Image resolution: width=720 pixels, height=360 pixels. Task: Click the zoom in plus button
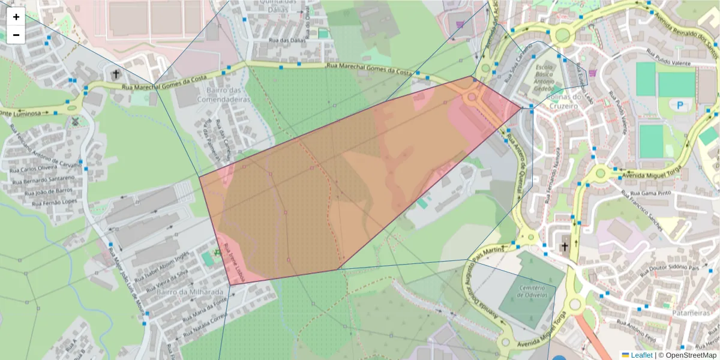[x=16, y=17]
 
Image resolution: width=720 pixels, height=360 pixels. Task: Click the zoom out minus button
[x=16, y=35]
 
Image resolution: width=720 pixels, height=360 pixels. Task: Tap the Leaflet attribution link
[x=641, y=355]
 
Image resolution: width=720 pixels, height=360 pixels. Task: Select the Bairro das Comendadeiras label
[x=223, y=95]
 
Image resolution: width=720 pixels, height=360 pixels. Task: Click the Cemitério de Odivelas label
[x=532, y=291]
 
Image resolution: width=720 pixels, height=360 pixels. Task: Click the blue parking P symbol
[x=680, y=105]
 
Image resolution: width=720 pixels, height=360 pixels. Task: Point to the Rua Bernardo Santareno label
[x=44, y=181]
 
